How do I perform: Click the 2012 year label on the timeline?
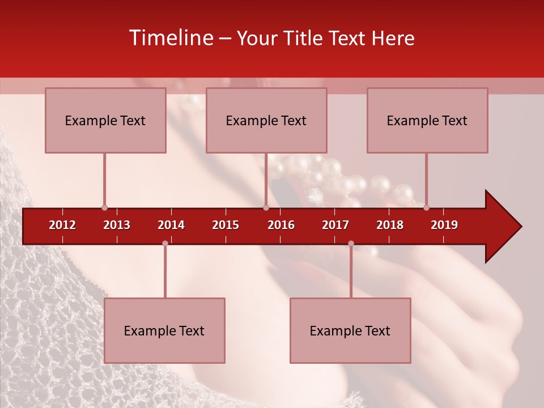pyautogui.click(x=62, y=225)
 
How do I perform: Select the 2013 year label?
pyautogui.click(x=117, y=225)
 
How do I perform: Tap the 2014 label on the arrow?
pyautogui.click(x=171, y=225)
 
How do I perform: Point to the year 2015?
pyautogui.click(x=226, y=225)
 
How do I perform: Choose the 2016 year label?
pyautogui.click(x=281, y=225)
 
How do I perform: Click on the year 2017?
pyautogui.click(x=335, y=225)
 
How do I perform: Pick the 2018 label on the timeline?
pyautogui.click(x=390, y=225)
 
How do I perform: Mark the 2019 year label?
pyautogui.click(x=444, y=225)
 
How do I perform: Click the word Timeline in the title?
pyautogui.click(x=171, y=38)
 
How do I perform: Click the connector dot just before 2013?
pyautogui.click(x=104, y=208)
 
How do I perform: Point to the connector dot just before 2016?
pyautogui.click(x=266, y=208)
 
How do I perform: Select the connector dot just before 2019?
pyautogui.click(x=426, y=208)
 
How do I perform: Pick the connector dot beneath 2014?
pyautogui.click(x=165, y=243)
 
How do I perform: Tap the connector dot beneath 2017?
pyautogui.click(x=351, y=243)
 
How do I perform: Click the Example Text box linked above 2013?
pyautogui.click(x=105, y=120)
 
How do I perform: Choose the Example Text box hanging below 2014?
pyautogui.click(x=164, y=330)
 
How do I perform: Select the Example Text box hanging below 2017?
pyautogui.click(x=350, y=330)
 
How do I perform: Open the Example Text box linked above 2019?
pyautogui.click(x=427, y=120)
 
